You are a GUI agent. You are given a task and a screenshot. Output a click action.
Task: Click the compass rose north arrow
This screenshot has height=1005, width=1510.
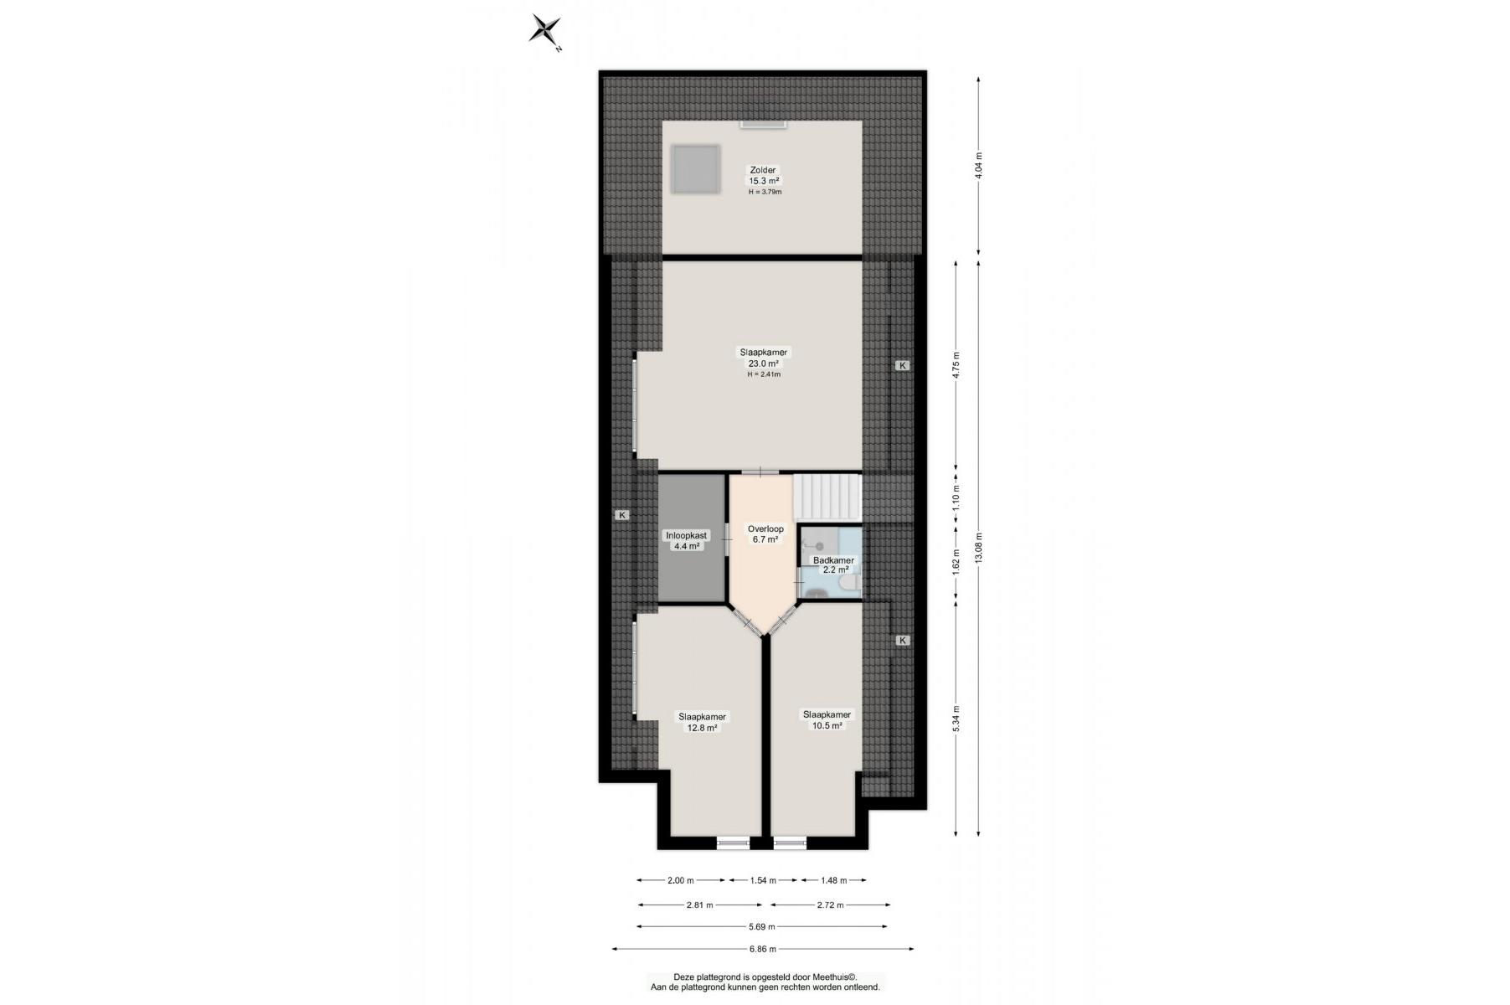click(x=545, y=30)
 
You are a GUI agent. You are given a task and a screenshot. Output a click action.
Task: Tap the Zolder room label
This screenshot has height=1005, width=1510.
click(x=763, y=170)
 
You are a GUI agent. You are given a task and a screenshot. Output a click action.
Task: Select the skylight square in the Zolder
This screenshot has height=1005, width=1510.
click(x=695, y=170)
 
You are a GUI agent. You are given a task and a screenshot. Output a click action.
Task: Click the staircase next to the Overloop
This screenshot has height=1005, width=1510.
click(x=827, y=497)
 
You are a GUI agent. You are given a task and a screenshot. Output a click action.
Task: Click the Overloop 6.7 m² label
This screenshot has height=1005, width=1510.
click(x=765, y=534)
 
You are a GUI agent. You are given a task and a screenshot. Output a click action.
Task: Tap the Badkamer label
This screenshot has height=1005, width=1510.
click(x=833, y=560)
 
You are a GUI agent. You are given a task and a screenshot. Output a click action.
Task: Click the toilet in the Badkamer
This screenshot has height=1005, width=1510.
click(x=848, y=583)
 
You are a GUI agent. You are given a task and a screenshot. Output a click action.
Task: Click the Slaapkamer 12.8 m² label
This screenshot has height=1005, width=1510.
click(x=703, y=722)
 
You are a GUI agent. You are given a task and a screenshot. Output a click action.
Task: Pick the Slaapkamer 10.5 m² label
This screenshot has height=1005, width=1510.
click(x=827, y=720)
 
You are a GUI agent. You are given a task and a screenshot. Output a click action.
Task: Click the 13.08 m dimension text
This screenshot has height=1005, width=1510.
click(x=978, y=548)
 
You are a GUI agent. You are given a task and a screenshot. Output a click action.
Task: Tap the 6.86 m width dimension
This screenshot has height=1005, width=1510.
click(x=762, y=949)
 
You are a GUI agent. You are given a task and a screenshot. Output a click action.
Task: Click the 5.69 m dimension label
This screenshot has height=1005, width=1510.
click(x=761, y=926)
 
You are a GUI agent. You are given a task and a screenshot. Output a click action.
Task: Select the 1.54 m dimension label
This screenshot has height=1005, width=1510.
click(x=762, y=880)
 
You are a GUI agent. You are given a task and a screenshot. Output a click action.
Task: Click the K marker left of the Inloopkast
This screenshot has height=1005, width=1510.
click(x=622, y=515)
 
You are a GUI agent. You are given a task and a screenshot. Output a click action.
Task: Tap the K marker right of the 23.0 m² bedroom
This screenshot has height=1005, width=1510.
click(x=902, y=365)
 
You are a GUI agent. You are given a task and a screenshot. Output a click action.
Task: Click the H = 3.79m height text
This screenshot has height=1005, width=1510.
click(x=765, y=192)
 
